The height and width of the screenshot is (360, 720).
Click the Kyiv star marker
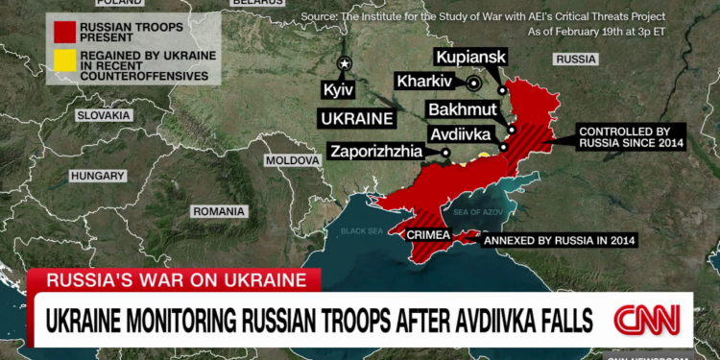click(x=345, y=63)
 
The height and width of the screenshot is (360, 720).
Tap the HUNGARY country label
click(x=98, y=177)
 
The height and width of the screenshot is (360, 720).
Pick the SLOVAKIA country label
click(x=103, y=115)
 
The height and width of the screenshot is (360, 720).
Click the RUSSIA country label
click(x=576, y=60)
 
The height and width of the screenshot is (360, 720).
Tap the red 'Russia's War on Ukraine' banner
click(x=173, y=280)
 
